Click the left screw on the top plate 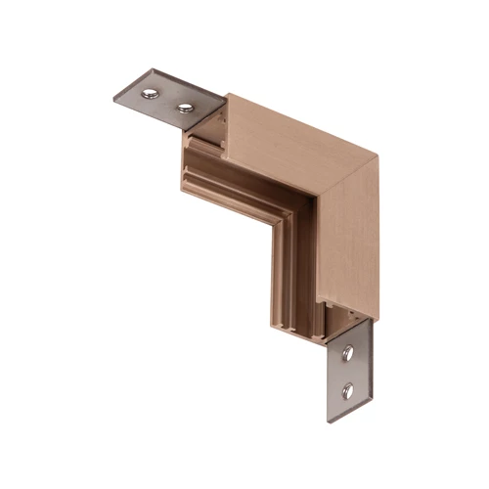click(150, 94)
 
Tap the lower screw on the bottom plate click(347, 391)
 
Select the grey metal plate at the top click(166, 96)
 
